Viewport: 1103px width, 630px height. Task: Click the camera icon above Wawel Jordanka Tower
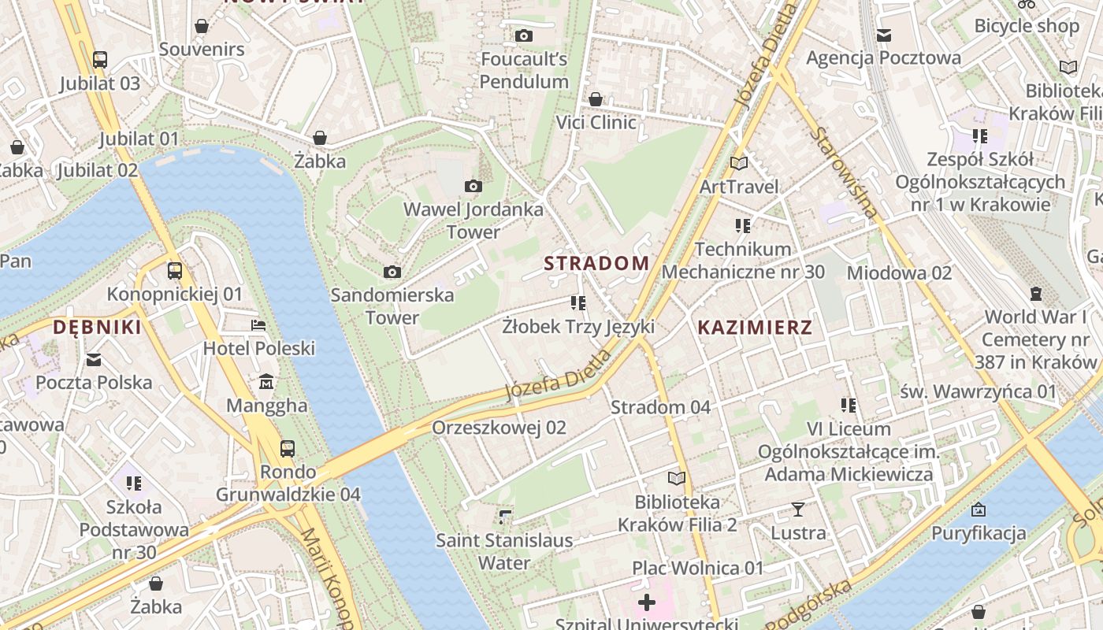[x=473, y=187]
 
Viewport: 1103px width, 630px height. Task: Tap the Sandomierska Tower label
[x=392, y=306]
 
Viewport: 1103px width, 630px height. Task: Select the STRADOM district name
[x=596, y=263]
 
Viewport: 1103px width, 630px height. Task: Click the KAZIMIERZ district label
[x=754, y=328]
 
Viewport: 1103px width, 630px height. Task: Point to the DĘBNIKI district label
[x=97, y=328]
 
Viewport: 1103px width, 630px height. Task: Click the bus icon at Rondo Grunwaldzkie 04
[x=288, y=449]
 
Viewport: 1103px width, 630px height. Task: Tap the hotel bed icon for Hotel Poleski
[x=258, y=324]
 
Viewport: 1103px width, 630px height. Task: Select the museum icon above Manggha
[x=266, y=382]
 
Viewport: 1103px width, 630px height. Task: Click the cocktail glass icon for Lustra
[x=798, y=510]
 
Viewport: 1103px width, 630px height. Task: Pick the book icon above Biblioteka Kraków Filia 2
[x=676, y=478]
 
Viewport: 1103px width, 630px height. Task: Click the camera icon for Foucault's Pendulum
[x=523, y=35]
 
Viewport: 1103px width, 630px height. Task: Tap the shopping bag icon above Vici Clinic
[x=596, y=99]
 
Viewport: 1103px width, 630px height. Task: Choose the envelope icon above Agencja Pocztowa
[x=883, y=35]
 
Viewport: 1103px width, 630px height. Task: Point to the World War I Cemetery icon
[x=1035, y=294]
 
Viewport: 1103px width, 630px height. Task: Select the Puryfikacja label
[x=979, y=533]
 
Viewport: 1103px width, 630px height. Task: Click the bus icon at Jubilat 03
[x=100, y=59]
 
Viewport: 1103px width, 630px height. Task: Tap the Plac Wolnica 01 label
[x=697, y=568]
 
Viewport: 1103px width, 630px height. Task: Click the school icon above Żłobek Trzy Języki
[x=578, y=302]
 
